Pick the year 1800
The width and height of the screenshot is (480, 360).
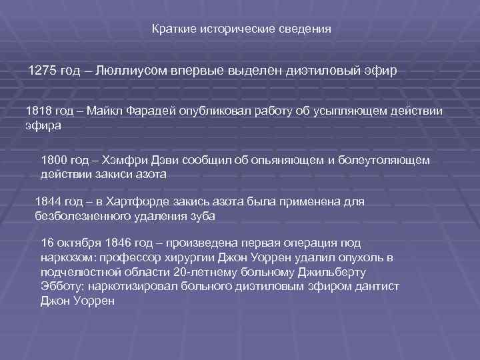pyautogui.click(x=55, y=161)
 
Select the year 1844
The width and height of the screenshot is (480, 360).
pyautogui.click(x=48, y=202)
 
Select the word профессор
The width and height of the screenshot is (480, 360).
pyautogui.click(x=131, y=258)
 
